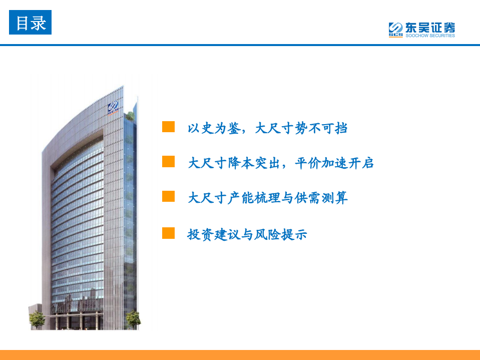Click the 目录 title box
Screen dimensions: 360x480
[x=30, y=23]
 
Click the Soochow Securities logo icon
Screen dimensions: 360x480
[x=396, y=30]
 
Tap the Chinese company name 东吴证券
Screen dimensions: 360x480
[x=430, y=27]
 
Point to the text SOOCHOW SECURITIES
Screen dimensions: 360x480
[x=430, y=36]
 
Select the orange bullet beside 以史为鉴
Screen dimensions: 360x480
[x=168, y=127]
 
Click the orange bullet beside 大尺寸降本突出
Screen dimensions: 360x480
[x=168, y=162]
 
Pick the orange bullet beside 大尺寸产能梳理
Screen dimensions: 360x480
[x=168, y=196]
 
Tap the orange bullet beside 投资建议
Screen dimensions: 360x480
[x=168, y=233]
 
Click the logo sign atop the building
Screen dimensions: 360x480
[x=113, y=108]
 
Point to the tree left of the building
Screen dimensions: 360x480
[x=37, y=318]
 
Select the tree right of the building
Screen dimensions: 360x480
[x=133, y=318]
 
